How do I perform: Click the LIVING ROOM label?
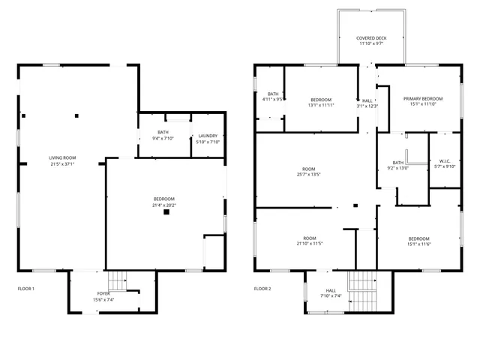coord(63,157)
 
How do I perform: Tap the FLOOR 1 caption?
coord(26,289)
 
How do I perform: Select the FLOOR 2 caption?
coord(262,289)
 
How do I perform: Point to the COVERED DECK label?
coord(371,37)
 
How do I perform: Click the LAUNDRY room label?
coord(207,136)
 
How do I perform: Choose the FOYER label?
coord(103,293)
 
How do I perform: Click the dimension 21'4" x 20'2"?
coord(164,204)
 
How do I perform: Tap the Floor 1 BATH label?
coord(163,132)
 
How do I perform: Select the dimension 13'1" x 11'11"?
coord(321,105)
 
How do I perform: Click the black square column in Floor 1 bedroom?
coord(166,212)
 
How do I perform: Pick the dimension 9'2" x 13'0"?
coord(397,168)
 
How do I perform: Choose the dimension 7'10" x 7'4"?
coord(331,295)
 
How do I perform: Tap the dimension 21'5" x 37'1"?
coord(63,163)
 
